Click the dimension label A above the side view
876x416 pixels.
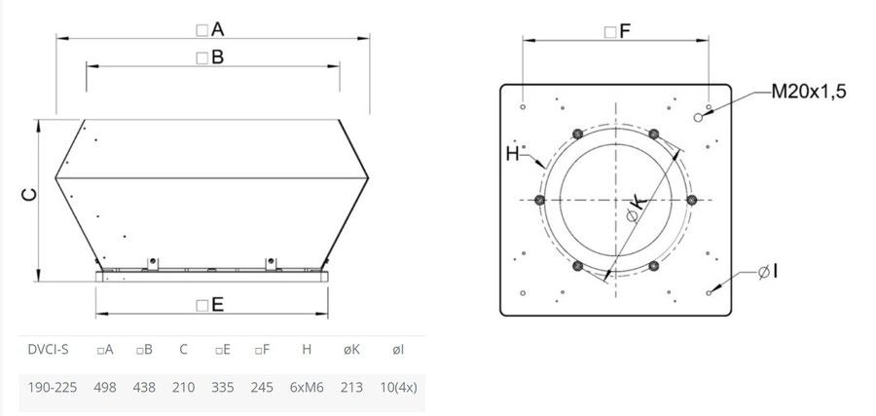(210, 29)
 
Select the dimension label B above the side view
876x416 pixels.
(210, 57)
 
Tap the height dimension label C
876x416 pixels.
(29, 195)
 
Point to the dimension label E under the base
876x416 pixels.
(210, 305)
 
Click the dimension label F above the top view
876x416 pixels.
(618, 32)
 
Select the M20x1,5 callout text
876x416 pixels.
(809, 92)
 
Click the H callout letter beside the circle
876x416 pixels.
(512, 154)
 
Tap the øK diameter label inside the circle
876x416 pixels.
(636, 208)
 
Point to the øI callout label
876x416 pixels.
(768, 273)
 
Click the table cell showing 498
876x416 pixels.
(104, 387)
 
